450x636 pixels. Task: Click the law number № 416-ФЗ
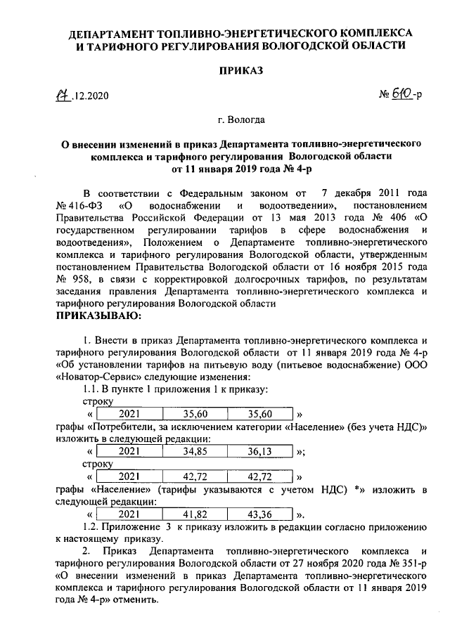click(x=79, y=205)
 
